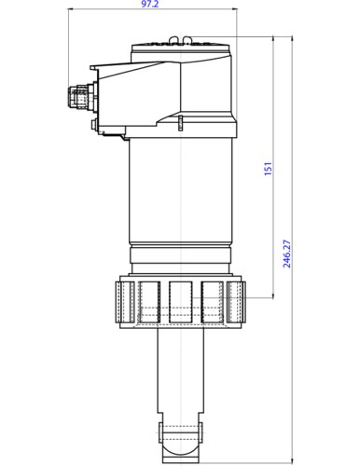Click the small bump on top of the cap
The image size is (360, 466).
click(187, 38)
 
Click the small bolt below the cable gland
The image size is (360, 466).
click(93, 121)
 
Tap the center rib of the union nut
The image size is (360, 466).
click(182, 305)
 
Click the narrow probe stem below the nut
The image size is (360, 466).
click(182, 373)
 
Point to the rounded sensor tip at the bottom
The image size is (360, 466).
click(182, 434)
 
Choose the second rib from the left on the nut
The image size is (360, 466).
click(150, 305)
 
